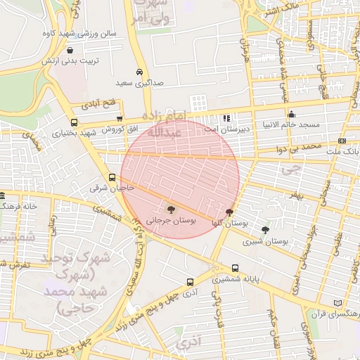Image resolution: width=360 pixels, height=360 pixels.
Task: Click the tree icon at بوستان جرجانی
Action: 170,209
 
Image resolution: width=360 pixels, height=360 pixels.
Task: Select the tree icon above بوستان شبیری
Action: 265,230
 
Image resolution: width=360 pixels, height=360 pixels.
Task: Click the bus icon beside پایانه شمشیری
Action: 234,268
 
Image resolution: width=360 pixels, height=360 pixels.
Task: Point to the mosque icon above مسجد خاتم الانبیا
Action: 292,114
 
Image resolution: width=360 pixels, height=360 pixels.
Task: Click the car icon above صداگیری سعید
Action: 140,72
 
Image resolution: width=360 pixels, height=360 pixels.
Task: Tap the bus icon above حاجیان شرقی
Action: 112,178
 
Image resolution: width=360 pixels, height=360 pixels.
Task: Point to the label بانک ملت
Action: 345,151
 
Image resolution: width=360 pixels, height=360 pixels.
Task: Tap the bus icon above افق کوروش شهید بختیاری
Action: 120,119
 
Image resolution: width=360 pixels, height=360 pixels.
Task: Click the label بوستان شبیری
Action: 266,241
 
